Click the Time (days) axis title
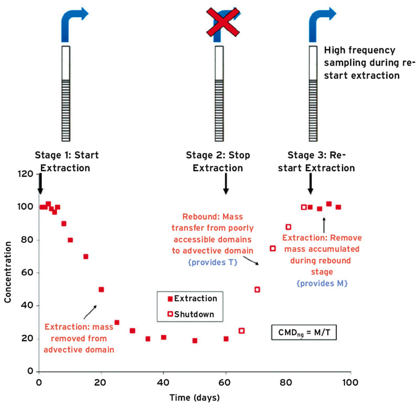click(194, 397)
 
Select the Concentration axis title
click(8, 272)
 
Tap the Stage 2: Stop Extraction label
click(218, 162)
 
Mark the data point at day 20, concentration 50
click(101, 290)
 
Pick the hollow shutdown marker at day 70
click(257, 290)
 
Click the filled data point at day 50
click(195, 340)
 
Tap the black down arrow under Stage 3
click(311, 184)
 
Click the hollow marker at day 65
click(241, 330)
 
